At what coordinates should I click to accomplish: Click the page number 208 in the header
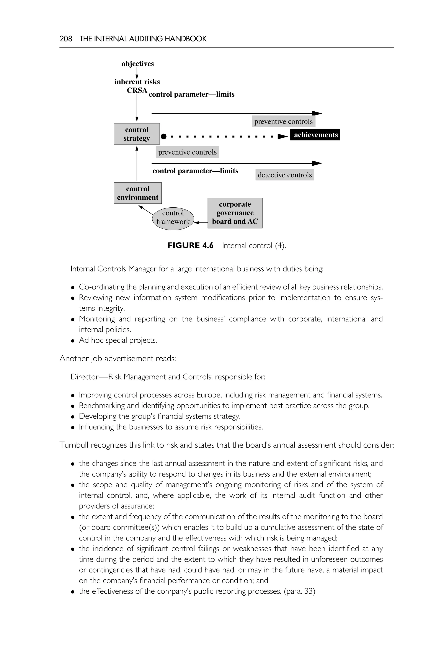pos(66,39)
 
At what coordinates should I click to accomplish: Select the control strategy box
pos(137,134)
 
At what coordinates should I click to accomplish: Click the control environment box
pos(137,193)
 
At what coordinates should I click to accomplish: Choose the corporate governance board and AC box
pos(235,213)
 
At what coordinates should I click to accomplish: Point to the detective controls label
pos(285,175)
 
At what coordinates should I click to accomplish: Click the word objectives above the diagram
pos(137,64)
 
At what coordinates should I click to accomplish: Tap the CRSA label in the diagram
pos(137,90)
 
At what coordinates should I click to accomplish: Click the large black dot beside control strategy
pos(164,136)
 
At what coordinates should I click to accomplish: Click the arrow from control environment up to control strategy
pos(137,164)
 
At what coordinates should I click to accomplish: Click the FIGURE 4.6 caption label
pos(190,245)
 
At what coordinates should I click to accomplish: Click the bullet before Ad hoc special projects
pos(73,341)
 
